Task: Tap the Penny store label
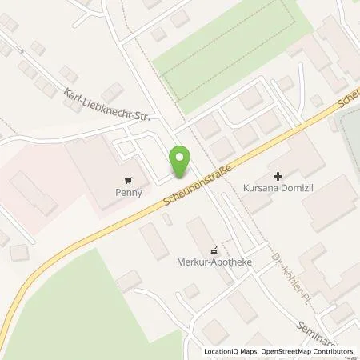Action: point(129,192)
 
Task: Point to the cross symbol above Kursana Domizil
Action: point(278,175)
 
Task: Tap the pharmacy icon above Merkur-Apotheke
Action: point(212,249)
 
